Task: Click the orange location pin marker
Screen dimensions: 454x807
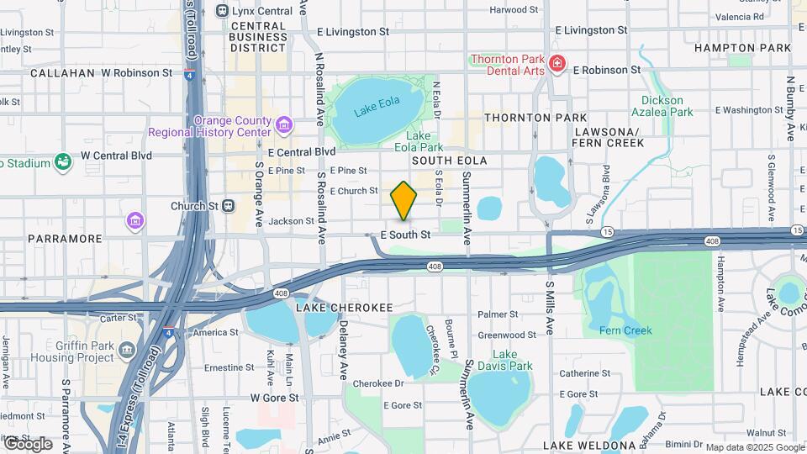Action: coord(403,200)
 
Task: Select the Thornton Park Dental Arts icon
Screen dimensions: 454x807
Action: coord(556,64)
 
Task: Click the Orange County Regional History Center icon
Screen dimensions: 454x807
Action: coord(284,126)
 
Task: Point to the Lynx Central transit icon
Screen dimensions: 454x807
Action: coord(222,10)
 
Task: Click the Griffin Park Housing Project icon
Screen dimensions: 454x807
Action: coord(127,349)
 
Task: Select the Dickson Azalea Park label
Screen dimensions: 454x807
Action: coord(662,106)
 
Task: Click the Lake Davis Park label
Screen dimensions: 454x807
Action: coord(512,360)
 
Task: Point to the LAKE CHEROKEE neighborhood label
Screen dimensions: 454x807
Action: coord(344,308)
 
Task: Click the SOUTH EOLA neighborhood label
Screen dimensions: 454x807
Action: coord(449,160)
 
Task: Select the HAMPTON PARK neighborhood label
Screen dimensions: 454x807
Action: coord(742,48)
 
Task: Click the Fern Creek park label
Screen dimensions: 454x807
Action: coord(625,330)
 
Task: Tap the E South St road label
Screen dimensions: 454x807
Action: coord(405,235)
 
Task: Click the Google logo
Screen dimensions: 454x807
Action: coord(27,443)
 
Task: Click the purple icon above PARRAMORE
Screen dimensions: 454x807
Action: coord(134,221)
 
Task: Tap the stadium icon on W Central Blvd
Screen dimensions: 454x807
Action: coord(62,162)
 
